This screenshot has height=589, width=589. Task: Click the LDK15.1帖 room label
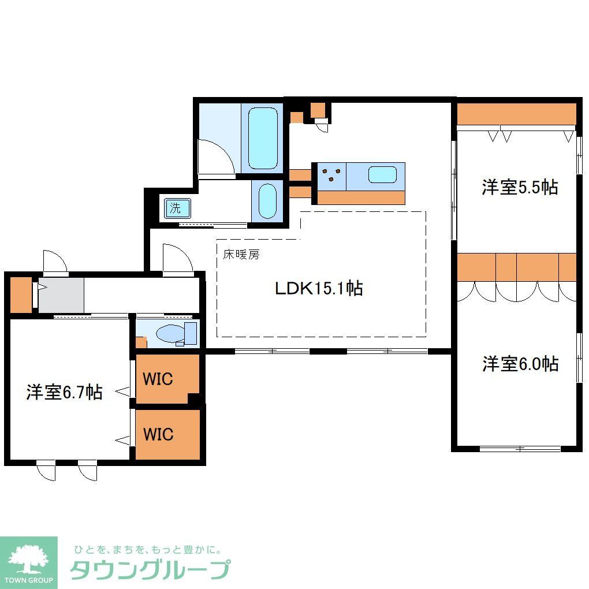coord(318,288)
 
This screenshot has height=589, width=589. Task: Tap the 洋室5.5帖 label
coord(520,187)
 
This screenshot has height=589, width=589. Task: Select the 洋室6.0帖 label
coord(520,364)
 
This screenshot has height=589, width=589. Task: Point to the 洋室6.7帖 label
coord(64,393)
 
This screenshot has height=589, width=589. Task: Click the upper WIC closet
coord(158,379)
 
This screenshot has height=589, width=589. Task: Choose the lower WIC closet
coord(158,434)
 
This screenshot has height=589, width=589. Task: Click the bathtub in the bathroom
coord(262,137)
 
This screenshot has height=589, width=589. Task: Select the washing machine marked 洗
coord(175,208)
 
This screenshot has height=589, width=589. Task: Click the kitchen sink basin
coord(382,174)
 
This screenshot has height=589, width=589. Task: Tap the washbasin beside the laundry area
coord(267,200)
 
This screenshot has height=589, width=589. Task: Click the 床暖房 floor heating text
coord(241,254)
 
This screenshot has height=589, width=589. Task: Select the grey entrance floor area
coord(61,296)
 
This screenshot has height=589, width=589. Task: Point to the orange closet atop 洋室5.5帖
coord(516,114)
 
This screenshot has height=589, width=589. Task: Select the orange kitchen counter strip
coord(361,197)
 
